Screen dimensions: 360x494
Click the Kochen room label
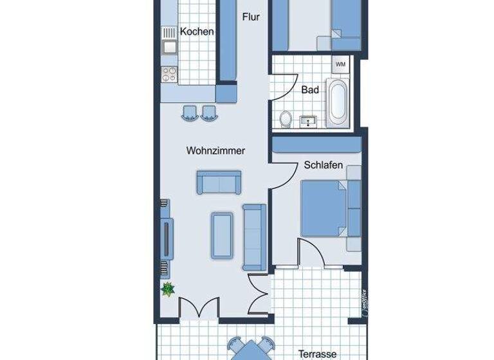point(197,32)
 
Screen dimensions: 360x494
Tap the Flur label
point(251,17)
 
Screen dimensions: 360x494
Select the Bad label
point(310,90)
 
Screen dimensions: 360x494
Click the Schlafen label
point(323,165)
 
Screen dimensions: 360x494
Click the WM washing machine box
point(340,64)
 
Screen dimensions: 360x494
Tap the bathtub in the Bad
point(337,102)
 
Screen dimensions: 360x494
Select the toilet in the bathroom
point(286,118)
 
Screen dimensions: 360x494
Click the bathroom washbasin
point(309,119)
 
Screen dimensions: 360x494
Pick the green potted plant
point(168,289)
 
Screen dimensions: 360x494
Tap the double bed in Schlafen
point(325,209)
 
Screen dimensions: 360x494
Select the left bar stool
point(190,113)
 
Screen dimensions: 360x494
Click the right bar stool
point(208,113)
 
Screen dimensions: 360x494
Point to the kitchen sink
point(170,46)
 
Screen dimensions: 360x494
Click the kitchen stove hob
point(170,74)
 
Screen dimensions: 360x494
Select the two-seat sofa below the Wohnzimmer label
point(219,183)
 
